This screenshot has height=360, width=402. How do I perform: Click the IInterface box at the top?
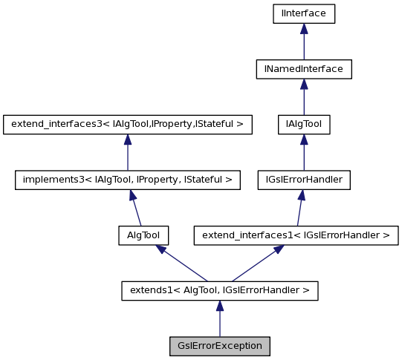point(303,13)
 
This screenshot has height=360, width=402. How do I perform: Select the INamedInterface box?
point(303,68)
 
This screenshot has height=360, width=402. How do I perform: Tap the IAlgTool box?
point(303,124)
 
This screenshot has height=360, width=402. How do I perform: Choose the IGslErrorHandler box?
point(303,179)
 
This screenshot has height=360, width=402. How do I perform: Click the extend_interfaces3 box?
point(127,124)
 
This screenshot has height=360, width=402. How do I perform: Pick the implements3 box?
point(127,179)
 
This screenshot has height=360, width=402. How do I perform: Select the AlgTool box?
point(143,235)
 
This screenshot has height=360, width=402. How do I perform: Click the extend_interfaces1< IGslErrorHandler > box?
point(296,235)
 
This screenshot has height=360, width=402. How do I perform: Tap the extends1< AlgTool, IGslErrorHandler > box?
point(219,290)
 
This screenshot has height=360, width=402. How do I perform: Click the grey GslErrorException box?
point(219,346)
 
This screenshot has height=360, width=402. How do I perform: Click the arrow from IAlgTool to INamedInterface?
point(303,96)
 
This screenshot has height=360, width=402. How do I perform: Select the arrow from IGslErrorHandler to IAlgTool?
point(303,152)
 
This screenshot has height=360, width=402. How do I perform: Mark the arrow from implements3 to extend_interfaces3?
point(127,152)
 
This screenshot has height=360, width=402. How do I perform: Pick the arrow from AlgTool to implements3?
point(134,208)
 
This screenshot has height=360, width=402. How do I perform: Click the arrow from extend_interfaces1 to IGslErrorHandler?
point(299,208)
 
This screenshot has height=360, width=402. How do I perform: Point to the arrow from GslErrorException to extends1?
point(219,318)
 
